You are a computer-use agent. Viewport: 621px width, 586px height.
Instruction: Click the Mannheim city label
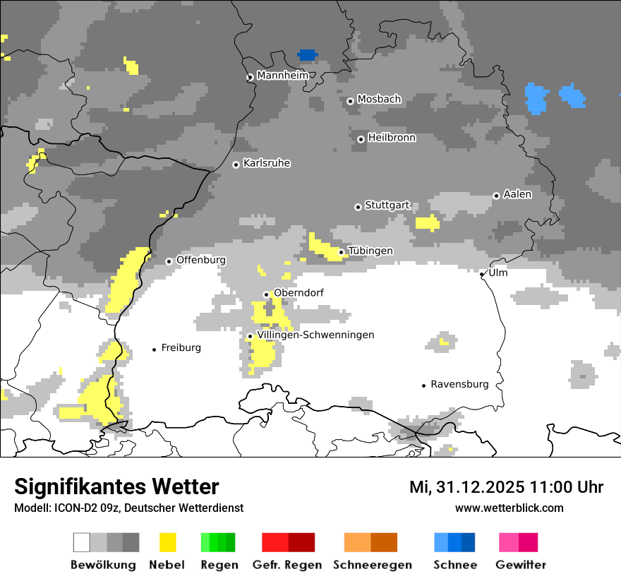(282, 75)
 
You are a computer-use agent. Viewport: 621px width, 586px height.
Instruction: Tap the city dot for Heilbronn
(361, 139)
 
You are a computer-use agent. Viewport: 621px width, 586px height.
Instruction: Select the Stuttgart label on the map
(387, 205)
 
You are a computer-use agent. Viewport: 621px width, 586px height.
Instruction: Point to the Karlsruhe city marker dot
(236, 165)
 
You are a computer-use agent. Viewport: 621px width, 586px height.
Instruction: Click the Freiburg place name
(181, 347)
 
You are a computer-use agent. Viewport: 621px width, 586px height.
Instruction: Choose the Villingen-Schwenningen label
(315, 335)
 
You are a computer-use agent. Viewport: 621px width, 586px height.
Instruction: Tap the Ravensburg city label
(459, 384)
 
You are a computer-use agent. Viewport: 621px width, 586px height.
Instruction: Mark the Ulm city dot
(482, 274)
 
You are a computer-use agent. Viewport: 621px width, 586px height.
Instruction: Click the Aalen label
(517, 194)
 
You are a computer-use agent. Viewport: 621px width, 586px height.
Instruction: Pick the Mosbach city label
(379, 100)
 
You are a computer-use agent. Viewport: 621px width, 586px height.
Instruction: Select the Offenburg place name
(200, 260)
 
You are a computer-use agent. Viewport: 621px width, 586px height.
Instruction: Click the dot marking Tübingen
(342, 252)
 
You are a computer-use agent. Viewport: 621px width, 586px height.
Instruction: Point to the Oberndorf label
(299, 293)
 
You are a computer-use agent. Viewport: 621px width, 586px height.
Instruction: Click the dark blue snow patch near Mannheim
(307, 54)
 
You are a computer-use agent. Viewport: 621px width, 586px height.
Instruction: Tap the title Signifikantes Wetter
(116, 486)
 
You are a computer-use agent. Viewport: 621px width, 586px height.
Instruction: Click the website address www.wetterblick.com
(509, 508)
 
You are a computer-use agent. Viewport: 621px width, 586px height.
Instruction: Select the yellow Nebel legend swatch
(168, 542)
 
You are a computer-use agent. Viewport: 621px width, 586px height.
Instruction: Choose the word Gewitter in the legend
(520, 565)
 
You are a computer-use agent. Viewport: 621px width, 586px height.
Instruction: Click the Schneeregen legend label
(372, 565)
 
